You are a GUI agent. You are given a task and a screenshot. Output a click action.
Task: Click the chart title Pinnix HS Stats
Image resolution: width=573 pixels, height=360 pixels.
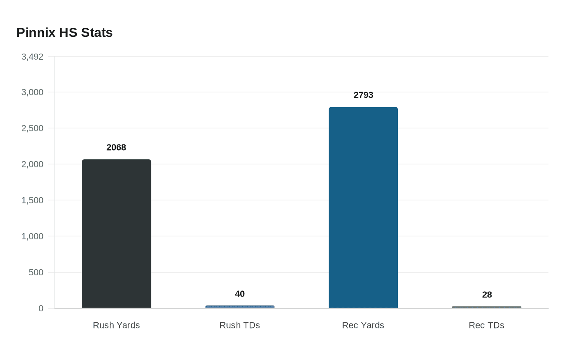click(x=64, y=33)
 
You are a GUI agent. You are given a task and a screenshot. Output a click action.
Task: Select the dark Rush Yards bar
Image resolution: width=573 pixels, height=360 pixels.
click(x=117, y=234)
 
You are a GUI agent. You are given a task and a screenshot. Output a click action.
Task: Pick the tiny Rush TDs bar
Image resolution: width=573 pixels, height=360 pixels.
click(x=240, y=307)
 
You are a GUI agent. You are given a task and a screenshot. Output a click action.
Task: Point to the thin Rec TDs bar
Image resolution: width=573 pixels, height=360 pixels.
click(x=487, y=307)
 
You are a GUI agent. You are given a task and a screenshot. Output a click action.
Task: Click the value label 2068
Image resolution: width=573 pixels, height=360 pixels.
click(x=116, y=148)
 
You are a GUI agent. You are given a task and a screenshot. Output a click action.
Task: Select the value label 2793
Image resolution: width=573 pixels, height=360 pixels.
click(x=363, y=95)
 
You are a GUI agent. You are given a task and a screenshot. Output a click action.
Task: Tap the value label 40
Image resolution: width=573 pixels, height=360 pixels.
click(x=240, y=294)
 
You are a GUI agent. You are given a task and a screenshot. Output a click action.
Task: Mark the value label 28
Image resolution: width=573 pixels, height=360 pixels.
click(x=487, y=295)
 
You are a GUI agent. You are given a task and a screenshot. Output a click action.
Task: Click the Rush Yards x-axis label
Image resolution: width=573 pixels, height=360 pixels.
click(x=116, y=325)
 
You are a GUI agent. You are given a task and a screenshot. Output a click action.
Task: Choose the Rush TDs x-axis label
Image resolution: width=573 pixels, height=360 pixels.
click(x=240, y=325)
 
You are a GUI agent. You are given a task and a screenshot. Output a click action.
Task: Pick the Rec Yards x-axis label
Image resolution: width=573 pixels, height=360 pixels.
click(x=363, y=325)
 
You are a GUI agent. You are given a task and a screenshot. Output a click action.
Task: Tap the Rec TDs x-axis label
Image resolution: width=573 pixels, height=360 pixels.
click(x=486, y=325)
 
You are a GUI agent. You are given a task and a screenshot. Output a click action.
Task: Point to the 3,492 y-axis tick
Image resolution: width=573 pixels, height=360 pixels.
click(x=32, y=57)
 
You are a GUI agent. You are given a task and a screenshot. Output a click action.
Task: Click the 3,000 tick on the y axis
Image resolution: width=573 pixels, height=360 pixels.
click(x=32, y=92)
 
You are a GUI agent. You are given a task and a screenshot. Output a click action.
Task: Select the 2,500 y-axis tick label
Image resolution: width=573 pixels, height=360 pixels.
click(x=32, y=128)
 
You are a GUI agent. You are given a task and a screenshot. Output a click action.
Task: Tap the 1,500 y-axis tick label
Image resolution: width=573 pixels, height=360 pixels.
click(x=32, y=200)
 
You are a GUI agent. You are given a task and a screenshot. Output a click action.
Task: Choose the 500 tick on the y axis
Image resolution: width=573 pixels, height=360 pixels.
click(x=36, y=272)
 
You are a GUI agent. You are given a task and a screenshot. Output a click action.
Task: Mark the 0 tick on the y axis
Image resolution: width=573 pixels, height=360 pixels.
click(x=41, y=308)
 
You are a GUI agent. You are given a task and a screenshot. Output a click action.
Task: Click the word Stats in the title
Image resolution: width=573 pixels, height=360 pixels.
click(x=97, y=33)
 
